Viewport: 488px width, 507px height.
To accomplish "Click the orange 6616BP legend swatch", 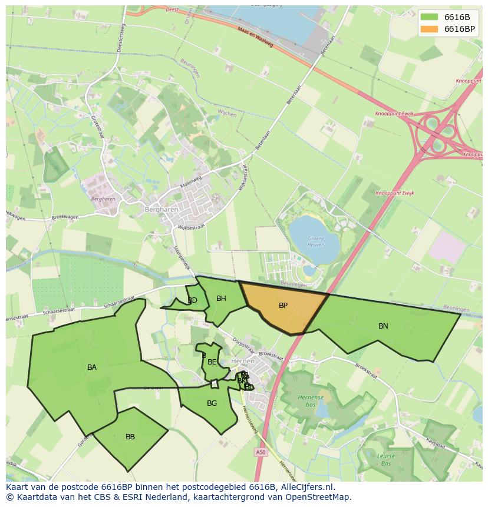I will pyautogui.click(x=429, y=29).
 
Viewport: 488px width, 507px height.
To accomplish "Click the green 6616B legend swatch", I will pyautogui.click(x=429, y=17).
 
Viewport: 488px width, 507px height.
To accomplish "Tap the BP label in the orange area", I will pyautogui.click(x=283, y=306).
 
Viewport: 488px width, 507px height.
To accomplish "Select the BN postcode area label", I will pyautogui.click(x=383, y=326).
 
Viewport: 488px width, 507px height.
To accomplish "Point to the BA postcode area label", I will pyautogui.click(x=92, y=367).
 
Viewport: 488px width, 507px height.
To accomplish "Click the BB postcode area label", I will pyautogui.click(x=130, y=437).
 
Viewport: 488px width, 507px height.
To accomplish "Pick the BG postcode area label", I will pyautogui.click(x=212, y=403).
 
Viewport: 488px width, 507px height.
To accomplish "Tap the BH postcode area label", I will pyautogui.click(x=221, y=299).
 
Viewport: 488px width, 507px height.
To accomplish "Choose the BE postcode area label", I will pyautogui.click(x=212, y=362).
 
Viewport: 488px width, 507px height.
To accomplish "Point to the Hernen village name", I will pyautogui.click(x=243, y=361).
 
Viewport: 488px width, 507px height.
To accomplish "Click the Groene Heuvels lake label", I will pyautogui.click(x=316, y=241).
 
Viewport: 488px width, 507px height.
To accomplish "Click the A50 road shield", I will pyautogui.click(x=261, y=452).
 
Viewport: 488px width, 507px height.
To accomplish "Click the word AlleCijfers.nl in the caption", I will pyautogui.click(x=306, y=487).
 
